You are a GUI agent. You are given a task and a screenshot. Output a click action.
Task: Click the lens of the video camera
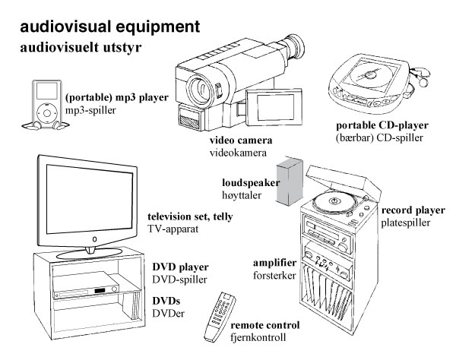coord(195,84)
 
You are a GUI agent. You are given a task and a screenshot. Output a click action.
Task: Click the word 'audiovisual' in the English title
coord(68,27)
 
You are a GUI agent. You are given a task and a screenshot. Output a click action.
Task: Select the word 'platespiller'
coord(407,223)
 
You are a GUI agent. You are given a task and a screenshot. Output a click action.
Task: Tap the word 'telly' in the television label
coord(218,217)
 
